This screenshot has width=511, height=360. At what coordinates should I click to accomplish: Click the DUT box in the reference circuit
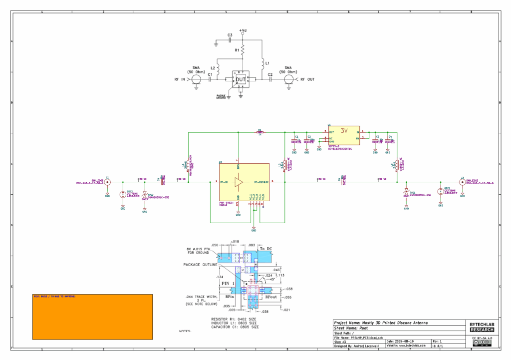[x=241, y=79]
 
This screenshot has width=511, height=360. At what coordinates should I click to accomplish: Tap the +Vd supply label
[x=243, y=30]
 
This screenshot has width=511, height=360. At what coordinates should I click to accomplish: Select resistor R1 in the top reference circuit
[x=243, y=50]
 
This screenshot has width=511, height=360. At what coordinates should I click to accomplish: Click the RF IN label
[x=180, y=79]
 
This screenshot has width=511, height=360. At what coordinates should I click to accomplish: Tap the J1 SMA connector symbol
[x=107, y=183]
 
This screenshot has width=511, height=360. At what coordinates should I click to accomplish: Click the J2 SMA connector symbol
[x=462, y=182]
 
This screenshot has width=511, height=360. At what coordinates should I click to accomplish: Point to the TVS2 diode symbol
[x=145, y=195]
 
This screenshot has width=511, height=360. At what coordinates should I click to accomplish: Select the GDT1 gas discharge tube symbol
[x=440, y=192]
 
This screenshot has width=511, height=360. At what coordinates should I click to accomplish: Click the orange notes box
[x=92, y=317]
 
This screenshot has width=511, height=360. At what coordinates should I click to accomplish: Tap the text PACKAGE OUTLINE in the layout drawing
[x=200, y=265]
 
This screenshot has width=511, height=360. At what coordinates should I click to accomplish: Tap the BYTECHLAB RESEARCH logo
[x=482, y=327]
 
